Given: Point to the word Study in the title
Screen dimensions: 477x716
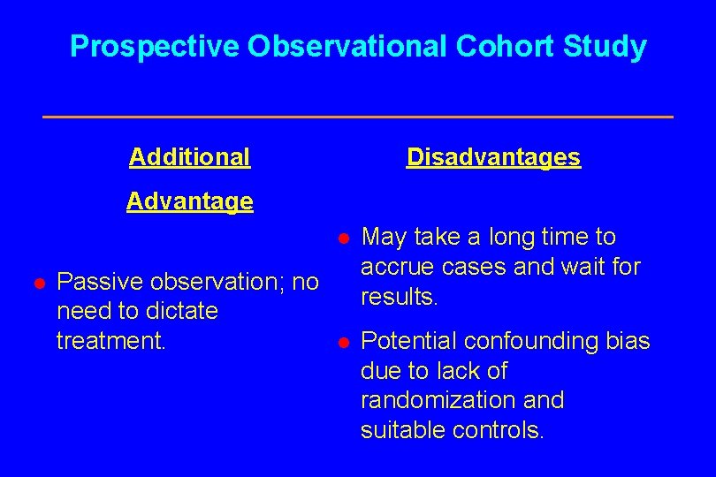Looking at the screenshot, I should tap(608, 47).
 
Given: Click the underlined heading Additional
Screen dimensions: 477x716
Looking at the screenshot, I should tap(189, 157).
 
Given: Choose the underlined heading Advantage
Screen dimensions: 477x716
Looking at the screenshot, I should tap(189, 201).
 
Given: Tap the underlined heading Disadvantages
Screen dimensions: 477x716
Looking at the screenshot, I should tap(493, 157).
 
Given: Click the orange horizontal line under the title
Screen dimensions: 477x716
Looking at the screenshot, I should tap(358, 117).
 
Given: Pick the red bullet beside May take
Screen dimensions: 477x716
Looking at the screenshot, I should tap(345, 238).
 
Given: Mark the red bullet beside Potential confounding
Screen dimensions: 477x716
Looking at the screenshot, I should tap(345, 342).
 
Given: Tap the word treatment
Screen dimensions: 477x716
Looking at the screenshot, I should tap(110, 341).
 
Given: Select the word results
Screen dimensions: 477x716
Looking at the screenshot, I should tap(399, 297).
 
